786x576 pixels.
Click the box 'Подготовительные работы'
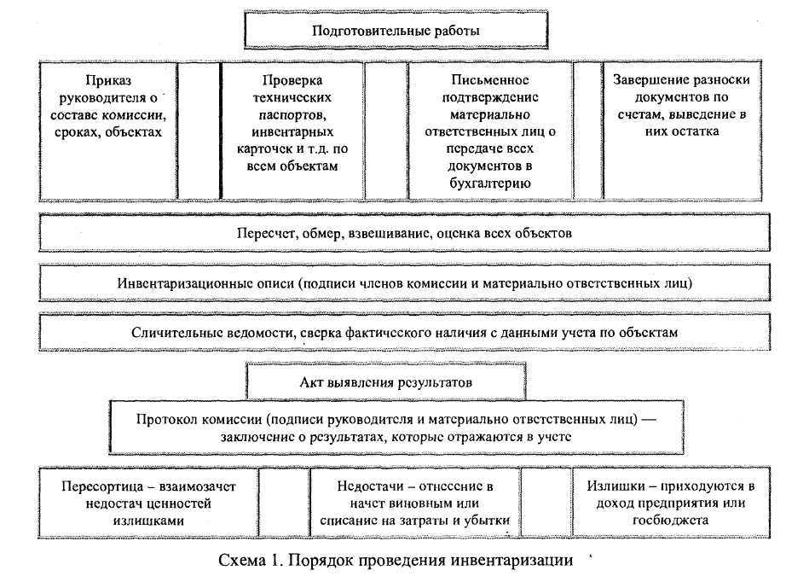click(396, 32)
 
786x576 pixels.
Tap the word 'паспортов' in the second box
click(292, 113)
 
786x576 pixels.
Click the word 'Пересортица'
click(101, 486)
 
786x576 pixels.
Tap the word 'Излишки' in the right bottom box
click(610, 486)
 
